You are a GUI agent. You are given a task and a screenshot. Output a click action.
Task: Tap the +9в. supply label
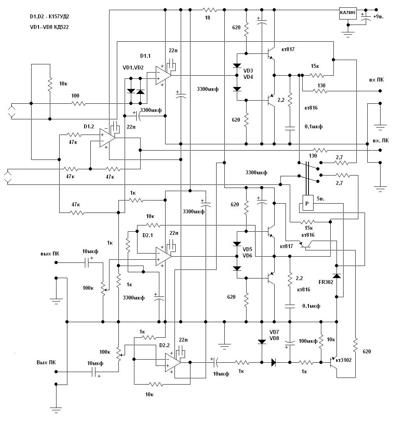click(380, 17)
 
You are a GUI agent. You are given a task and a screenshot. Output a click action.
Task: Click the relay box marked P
click(307, 204)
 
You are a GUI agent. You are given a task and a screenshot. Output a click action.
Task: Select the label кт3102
click(344, 360)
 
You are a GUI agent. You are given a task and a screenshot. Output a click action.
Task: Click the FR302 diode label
click(326, 282)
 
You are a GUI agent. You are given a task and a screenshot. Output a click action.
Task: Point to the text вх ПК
click(376, 80)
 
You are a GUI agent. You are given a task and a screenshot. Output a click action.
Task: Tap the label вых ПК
click(50, 253)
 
